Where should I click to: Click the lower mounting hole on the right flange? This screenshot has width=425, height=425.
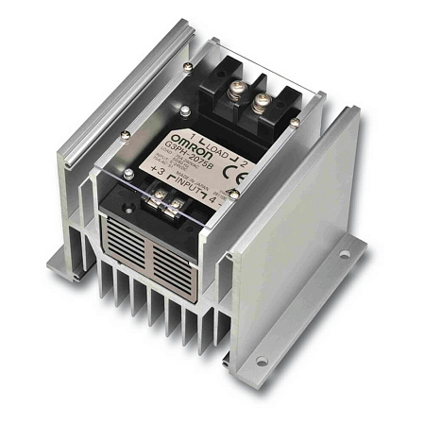tap(262, 361)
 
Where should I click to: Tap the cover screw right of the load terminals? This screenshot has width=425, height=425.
tap(296, 121)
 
